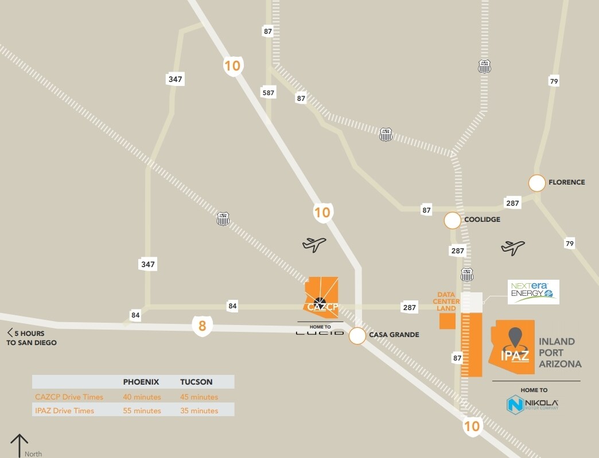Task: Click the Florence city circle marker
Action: click(536, 183)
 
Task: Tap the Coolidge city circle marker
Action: click(452, 220)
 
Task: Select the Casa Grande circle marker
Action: click(357, 335)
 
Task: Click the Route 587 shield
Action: click(268, 92)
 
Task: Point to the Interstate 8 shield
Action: click(202, 327)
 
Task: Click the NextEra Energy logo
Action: click(533, 292)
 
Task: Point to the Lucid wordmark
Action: click(320, 332)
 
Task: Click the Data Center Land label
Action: click(446, 302)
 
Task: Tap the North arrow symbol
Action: click(20, 445)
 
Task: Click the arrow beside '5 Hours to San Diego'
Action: click(10, 333)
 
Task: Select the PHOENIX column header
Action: click(141, 382)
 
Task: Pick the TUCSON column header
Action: click(196, 382)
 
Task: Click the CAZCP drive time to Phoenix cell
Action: click(142, 397)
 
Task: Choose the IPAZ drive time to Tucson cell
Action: click(199, 410)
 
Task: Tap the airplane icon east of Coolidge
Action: click(513, 248)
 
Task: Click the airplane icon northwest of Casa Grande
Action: click(314, 244)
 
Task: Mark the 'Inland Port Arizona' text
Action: click(560, 353)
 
